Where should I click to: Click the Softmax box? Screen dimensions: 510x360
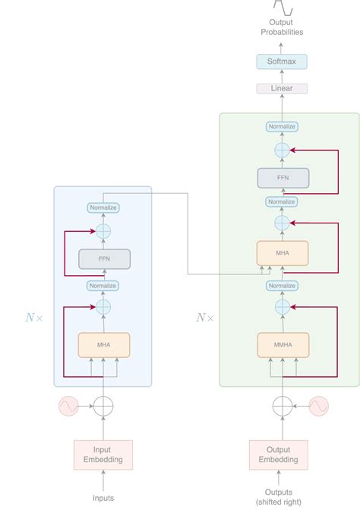[x=282, y=62]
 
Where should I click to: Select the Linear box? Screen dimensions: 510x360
[x=282, y=89]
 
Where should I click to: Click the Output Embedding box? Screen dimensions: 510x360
[x=279, y=454]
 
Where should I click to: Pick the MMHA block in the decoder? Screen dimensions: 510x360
[x=283, y=344]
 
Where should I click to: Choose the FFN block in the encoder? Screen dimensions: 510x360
[x=104, y=259]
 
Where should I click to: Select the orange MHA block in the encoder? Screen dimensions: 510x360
[x=104, y=344]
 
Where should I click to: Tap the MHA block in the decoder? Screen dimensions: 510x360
[x=283, y=252]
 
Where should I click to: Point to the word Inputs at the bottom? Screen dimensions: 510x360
[x=103, y=498]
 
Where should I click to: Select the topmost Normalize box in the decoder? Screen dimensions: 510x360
[x=282, y=126]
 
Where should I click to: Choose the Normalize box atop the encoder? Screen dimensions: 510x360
[x=104, y=207]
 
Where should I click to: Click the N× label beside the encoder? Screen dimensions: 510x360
[x=34, y=317]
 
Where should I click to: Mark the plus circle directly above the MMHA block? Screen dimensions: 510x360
[x=282, y=307]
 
